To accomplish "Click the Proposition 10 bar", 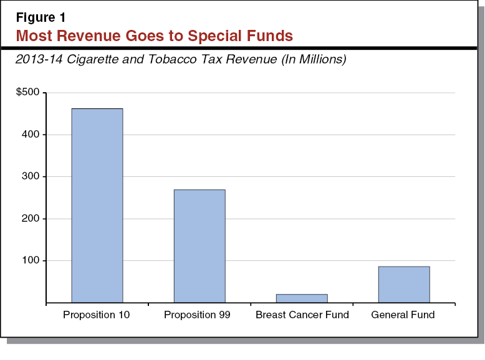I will pos(97,206).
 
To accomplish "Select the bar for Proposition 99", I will pos(199,246).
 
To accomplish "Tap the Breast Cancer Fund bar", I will pos(301,298).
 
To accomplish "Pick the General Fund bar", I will pos(403,285).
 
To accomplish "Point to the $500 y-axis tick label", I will pos(27,92).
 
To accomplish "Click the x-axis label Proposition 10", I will pos(97,315).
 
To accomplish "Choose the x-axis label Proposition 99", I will pos(198,315).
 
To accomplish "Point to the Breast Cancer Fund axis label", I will pos(302,315).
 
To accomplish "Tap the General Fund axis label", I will pos(403,315).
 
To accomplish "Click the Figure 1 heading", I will pos(41,17).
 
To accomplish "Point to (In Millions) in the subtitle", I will pos(309,60).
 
